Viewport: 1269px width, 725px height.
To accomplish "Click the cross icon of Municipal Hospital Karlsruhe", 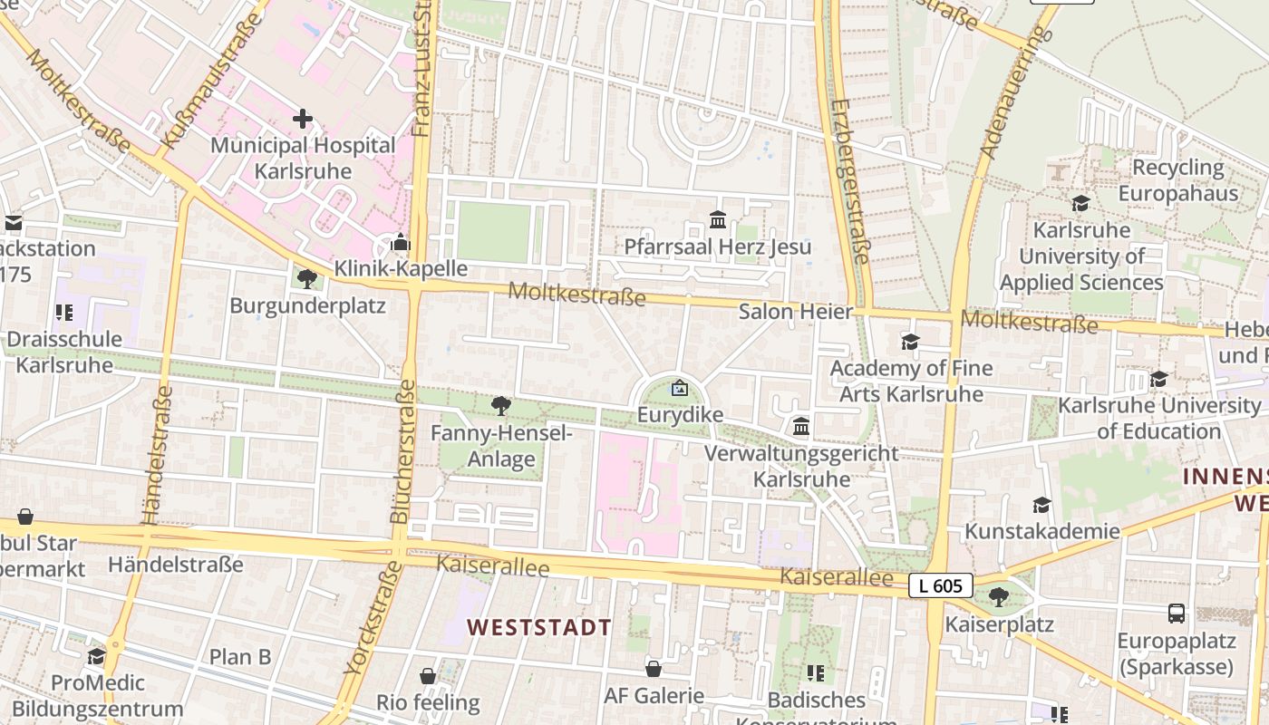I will (303, 119).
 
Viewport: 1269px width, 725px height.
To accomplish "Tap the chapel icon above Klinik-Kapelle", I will (400, 243).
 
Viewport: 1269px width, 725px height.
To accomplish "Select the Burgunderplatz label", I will (307, 305).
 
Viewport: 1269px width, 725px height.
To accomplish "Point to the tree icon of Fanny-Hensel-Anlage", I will (500, 406).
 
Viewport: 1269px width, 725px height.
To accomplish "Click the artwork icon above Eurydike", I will (679, 389).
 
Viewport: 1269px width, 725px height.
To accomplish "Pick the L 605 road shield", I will (940, 585).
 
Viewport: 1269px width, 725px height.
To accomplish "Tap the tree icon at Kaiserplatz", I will (999, 596).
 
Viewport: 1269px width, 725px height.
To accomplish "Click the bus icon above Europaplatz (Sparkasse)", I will (1177, 614).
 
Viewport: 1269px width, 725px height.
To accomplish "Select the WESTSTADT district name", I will (539, 627).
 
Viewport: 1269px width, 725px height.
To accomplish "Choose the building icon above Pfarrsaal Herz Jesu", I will (718, 219).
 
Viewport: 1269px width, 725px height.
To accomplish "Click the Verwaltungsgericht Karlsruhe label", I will (802, 466).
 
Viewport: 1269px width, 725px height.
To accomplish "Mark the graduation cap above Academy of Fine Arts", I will (910, 342).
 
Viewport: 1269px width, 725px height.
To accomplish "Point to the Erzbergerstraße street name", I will (849, 181).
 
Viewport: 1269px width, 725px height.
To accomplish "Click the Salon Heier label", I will (796, 312).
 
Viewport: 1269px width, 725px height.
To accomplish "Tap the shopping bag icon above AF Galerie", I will (654, 669).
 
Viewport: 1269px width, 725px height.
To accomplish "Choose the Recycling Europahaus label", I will (1177, 180).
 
